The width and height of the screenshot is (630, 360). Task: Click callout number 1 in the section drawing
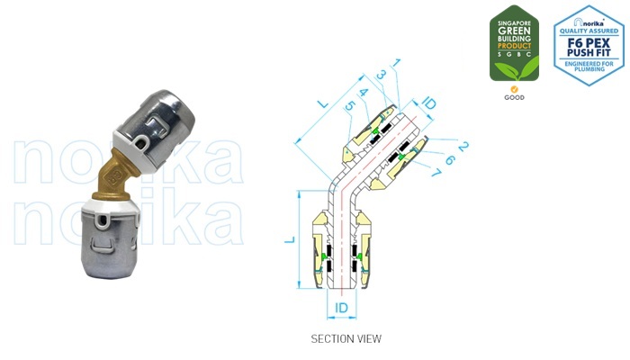pyautogui.click(x=397, y=63)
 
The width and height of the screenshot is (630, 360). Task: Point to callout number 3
pyautogui.click(x=382, y=76)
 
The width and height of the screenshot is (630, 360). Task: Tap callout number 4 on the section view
pyautogui.click(x=363, y=92)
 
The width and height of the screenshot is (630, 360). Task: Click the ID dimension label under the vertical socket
pyautogui.click(x=341, y=308)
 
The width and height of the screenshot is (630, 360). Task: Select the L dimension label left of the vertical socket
pyautogui.click(x=289, y=240)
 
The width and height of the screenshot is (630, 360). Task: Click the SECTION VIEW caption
pyautogui.click(x=346, y=339)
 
